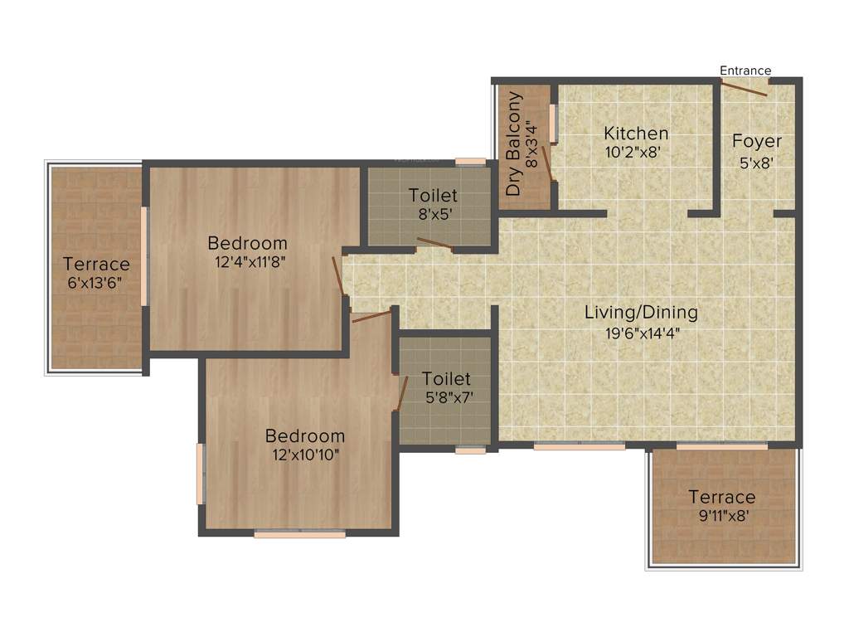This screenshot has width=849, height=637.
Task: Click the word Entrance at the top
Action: (x=745, y=71)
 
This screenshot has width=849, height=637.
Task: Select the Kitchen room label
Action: (x=635, y=133)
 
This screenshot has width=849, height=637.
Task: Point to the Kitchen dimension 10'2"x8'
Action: (x=635, y=152)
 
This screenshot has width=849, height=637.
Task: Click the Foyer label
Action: (x=756, y=141)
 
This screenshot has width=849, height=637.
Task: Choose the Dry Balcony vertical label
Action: (x=515, y=144)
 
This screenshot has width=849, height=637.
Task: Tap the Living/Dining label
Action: (x=641, y=313)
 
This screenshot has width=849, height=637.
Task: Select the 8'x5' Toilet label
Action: (x=433, y=196)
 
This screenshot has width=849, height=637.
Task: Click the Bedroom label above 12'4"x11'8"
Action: (x=247, y=243)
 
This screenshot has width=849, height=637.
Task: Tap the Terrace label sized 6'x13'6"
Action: (x=96, y=264)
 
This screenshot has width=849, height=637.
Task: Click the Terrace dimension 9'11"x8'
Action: (x=721, y=517)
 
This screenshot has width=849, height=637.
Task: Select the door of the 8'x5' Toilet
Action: (x=434, y=244)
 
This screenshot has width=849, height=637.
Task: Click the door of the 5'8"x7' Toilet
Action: (x=402, y=393)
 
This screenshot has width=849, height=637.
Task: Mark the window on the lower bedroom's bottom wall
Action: (x=299, y=535)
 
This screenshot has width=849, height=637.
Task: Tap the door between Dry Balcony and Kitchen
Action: (x=546, y=159)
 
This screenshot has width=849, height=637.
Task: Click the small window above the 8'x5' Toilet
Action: (x=470, y=162)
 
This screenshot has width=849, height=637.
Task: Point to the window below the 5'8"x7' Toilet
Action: (x=470, y=450)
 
